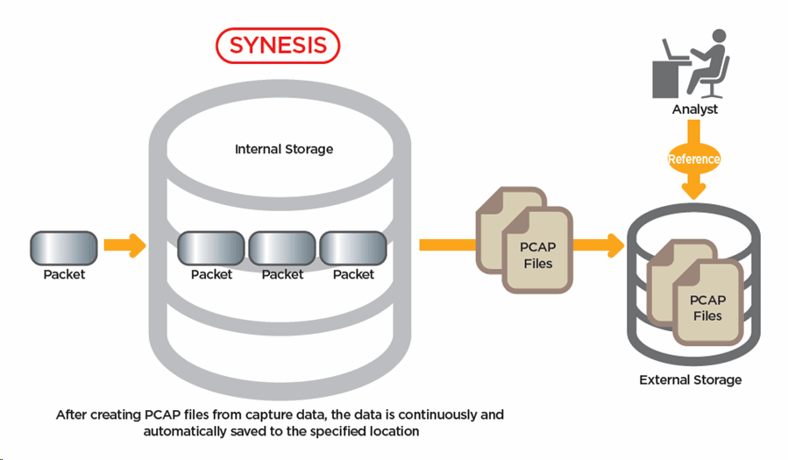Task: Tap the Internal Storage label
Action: [x=284, y=149]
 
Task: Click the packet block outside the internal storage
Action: [x=63, y=248]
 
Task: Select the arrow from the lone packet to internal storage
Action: [x=124, y=246]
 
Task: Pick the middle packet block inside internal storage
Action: [x=282, y=249]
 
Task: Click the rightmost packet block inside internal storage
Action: [x=353, y=249]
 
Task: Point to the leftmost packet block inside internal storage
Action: [x=211, y=249]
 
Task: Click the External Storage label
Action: [x=691, y=380]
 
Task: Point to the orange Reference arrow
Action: [x=693, y=159]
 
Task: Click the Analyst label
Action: [x=694, y=110]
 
